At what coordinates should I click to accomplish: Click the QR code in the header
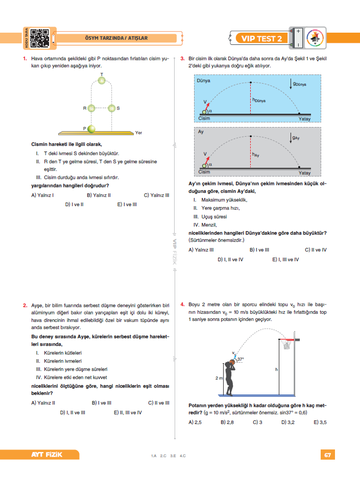pyautogui.click(x=40, y=38)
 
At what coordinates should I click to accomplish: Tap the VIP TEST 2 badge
pyautogui.click(x=261, y=39)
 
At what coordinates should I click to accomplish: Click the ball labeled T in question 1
pyautogui.click(x=102, y=80)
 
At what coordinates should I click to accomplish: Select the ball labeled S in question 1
pyautogui.click(x=112, y=108)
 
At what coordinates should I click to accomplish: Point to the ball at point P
pyautogui.click(x=91, y=129)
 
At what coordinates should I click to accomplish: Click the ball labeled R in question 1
pyautogui.click(x=91, y=108)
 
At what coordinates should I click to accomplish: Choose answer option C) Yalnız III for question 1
pyautogui.click(x=157, y=195)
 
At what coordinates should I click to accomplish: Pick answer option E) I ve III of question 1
pyautogui.click(x=127, y=205)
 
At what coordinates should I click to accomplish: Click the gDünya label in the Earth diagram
pyautogui.click(x=299, y=84)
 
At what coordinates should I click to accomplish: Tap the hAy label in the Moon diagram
pyautogui.click(x=255, y=155)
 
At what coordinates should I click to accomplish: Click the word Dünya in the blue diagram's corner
pyautogui.click(x=203, y=81)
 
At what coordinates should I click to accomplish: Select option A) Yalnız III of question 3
pyautogui.click(x=201, y=250)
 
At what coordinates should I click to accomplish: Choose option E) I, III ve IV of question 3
pyautogui.click(x=285, y=260)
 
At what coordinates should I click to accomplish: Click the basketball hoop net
pyautogui.click(x=286, y=344)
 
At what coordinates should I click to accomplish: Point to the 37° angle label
pyautogui.click(x=241, y=359)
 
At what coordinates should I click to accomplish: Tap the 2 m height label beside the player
pyautogui.click(x=219, y=378)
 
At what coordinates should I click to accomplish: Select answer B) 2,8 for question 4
pyautogui.click(x=227, y=422)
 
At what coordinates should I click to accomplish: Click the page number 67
pyautogui.click(x=328, y=455)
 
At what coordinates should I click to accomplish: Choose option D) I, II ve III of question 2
pyautogui.click(x=73, y=413)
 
